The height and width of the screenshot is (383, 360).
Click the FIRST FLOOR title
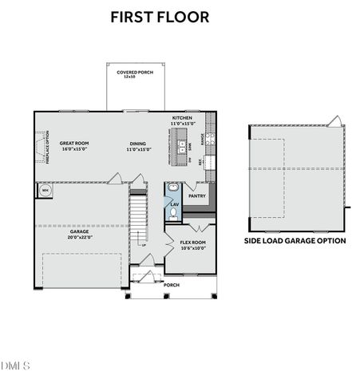(160, 16)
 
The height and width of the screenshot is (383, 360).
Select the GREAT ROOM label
(73, 146)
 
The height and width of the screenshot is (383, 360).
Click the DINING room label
(139, 146)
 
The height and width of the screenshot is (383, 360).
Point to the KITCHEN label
(182, 120)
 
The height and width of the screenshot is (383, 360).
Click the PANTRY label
(196, 195)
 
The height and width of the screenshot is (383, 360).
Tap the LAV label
(174, 204)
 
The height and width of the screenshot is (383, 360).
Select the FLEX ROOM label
(192, 244)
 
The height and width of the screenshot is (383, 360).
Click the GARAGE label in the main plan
(79, 232)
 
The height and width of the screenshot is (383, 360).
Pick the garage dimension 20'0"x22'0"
(79, 238)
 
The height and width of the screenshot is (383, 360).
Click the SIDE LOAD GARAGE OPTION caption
(295, 240)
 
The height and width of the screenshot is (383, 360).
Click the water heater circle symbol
(44, 191)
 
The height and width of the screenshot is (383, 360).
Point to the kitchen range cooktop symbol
(210, 139)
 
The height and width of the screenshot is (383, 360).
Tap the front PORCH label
(172, 285)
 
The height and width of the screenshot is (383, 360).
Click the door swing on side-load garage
(336, 120)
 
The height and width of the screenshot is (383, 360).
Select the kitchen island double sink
(182, 146)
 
